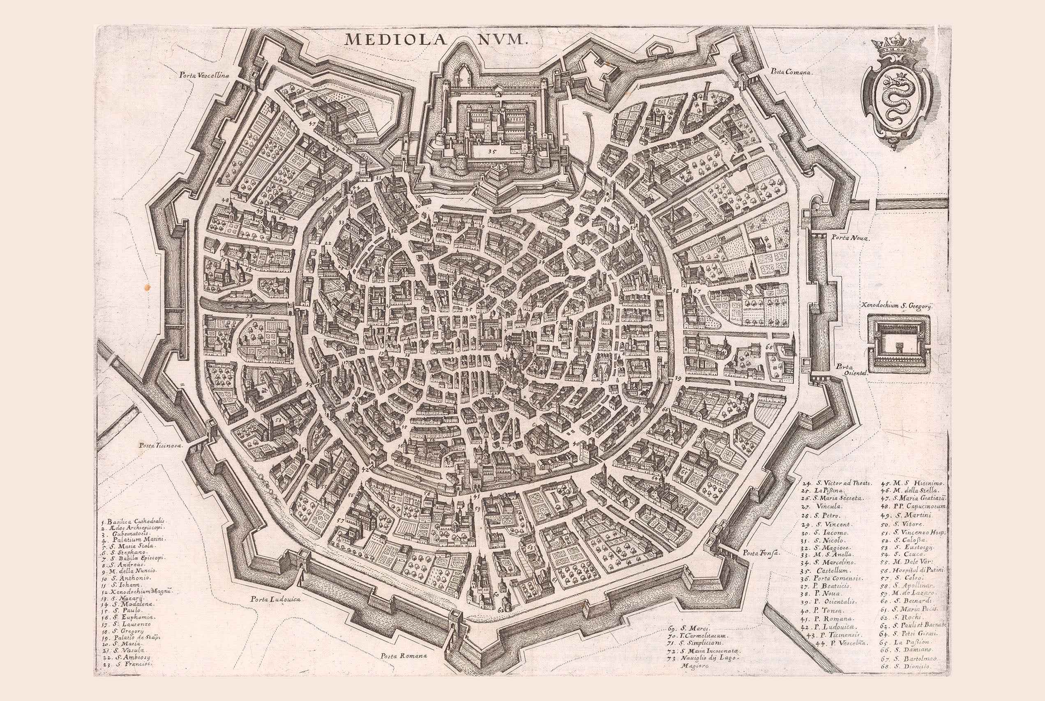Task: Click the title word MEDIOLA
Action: (395, 39)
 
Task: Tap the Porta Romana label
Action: (404, 656)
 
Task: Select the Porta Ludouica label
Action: (274, 599)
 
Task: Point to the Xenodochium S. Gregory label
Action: (895, 306)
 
